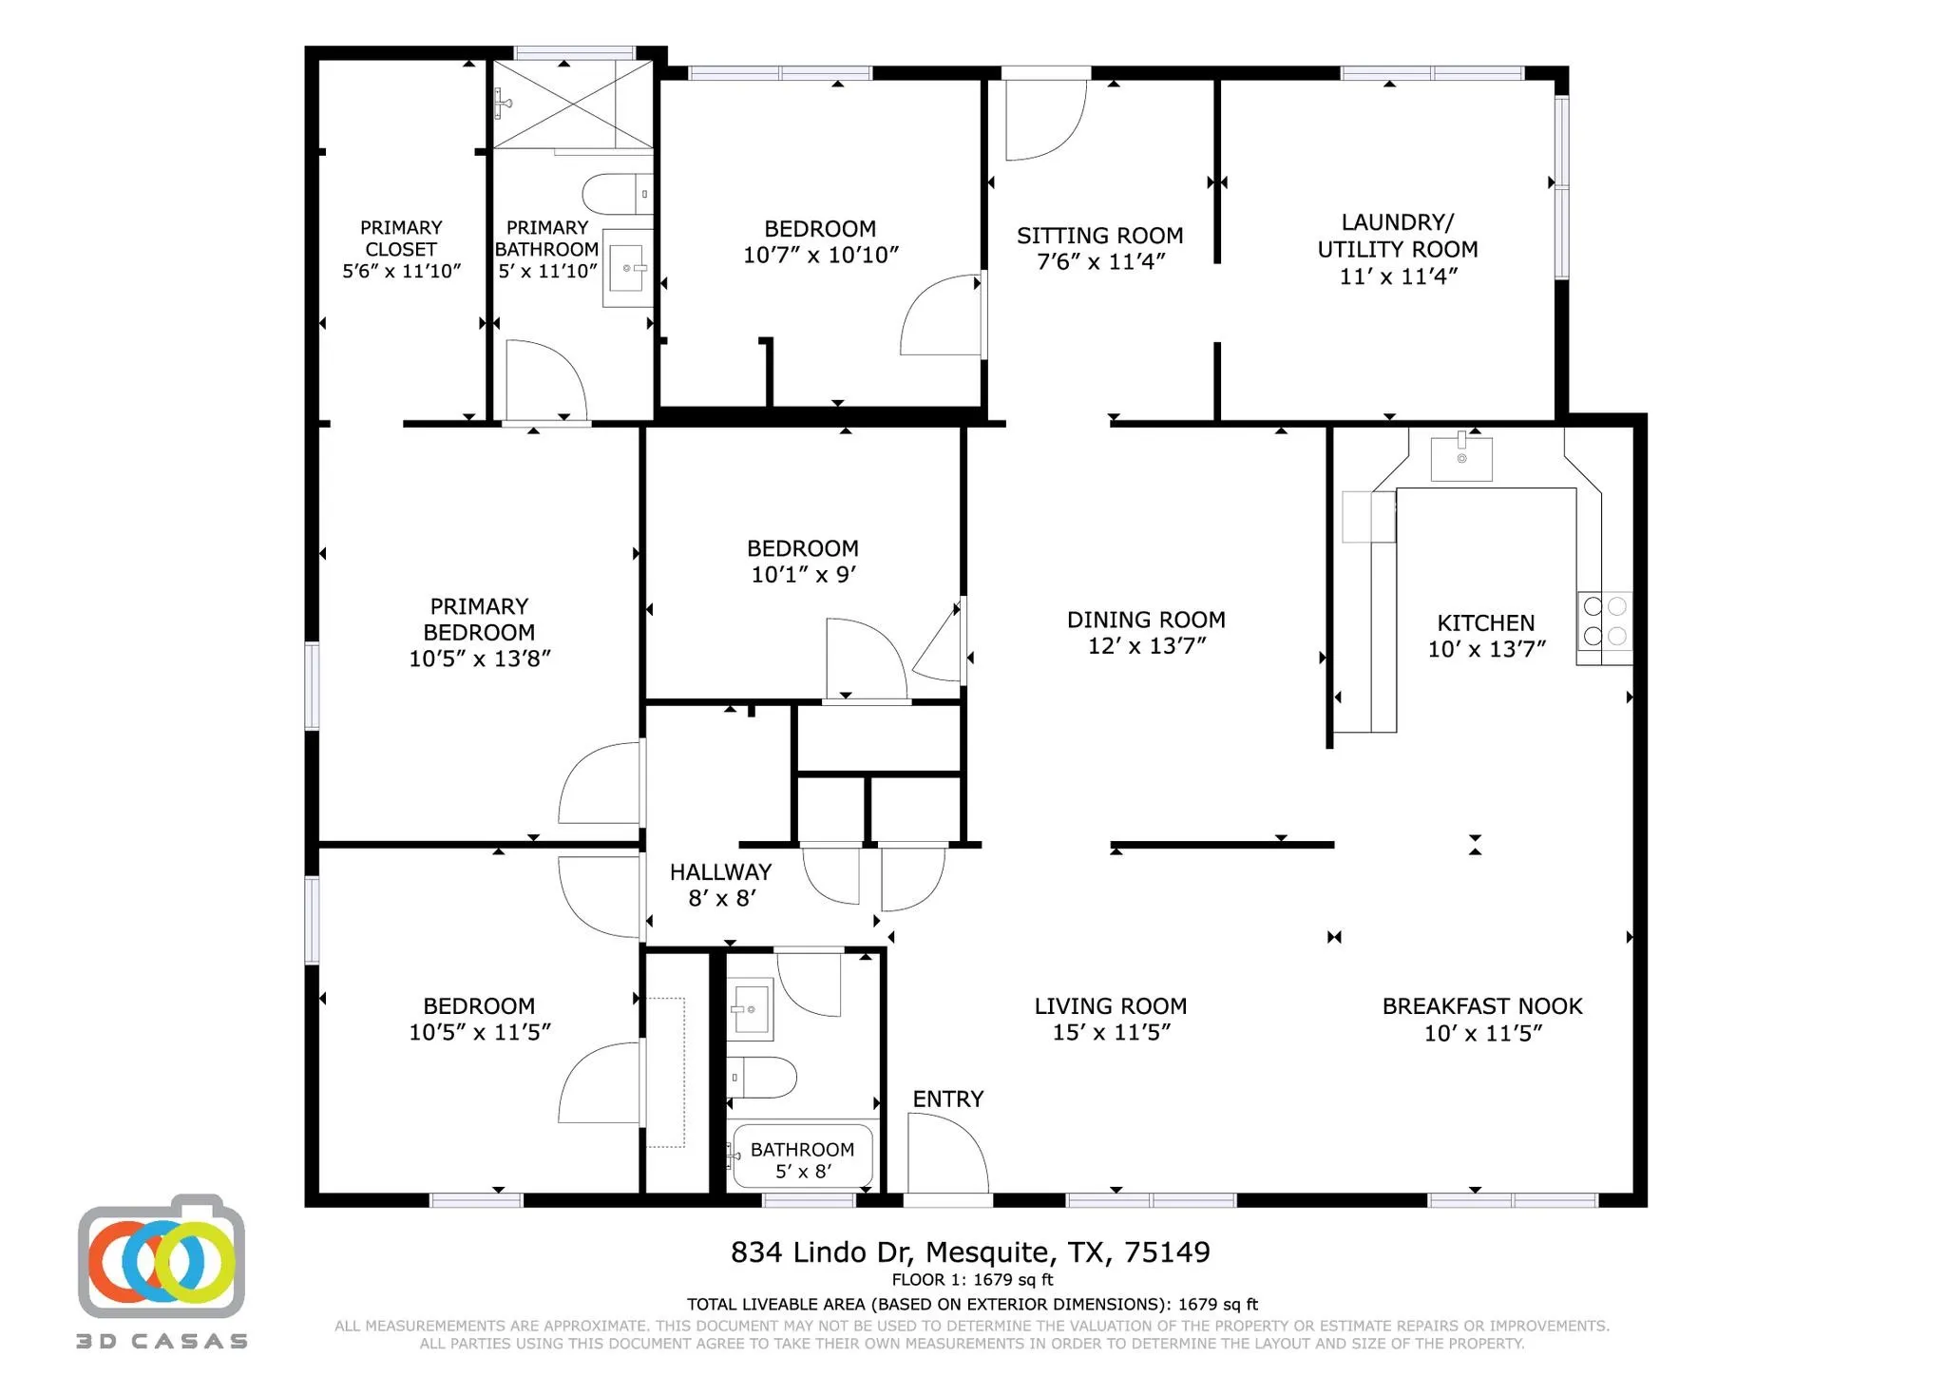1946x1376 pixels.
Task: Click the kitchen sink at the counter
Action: coord(1460,458)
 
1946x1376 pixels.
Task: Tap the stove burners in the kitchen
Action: coord(1604,621)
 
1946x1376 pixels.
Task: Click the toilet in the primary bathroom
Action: coord(613,194)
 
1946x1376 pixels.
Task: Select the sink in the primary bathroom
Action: coord(627,268)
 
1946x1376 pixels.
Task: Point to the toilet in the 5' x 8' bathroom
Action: coord(766,1078)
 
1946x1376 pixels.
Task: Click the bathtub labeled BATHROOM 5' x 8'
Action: coord(801,1156)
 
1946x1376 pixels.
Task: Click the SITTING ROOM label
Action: coord(1099,235)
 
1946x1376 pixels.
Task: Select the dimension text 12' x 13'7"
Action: coord(1146,646)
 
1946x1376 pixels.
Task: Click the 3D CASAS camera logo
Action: coord(162,1256)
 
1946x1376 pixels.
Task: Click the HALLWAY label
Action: coord(720,871)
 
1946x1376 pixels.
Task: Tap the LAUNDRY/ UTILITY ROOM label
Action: coord(1397,236)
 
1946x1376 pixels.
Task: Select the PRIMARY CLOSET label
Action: coord(401,239)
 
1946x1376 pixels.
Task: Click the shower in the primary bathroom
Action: coord(573,105)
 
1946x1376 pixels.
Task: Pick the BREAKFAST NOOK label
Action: coord(1481,1006)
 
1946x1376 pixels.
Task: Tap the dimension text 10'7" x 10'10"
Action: coord(820,256)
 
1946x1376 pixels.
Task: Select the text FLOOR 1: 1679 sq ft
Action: coord(971,1280)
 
